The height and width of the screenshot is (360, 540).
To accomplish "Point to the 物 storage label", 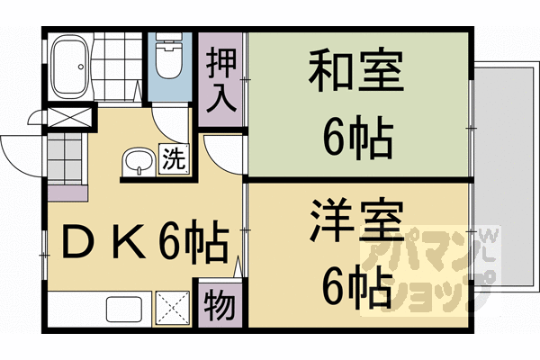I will click(220, 307).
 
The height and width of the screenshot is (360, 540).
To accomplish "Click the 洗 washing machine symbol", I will click(175, 159).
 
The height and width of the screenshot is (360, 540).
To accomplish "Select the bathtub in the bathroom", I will click(69, 65).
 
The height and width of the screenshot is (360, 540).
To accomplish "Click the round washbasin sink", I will click(139, 162).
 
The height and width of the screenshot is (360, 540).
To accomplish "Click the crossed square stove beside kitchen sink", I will click(173, 308).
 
